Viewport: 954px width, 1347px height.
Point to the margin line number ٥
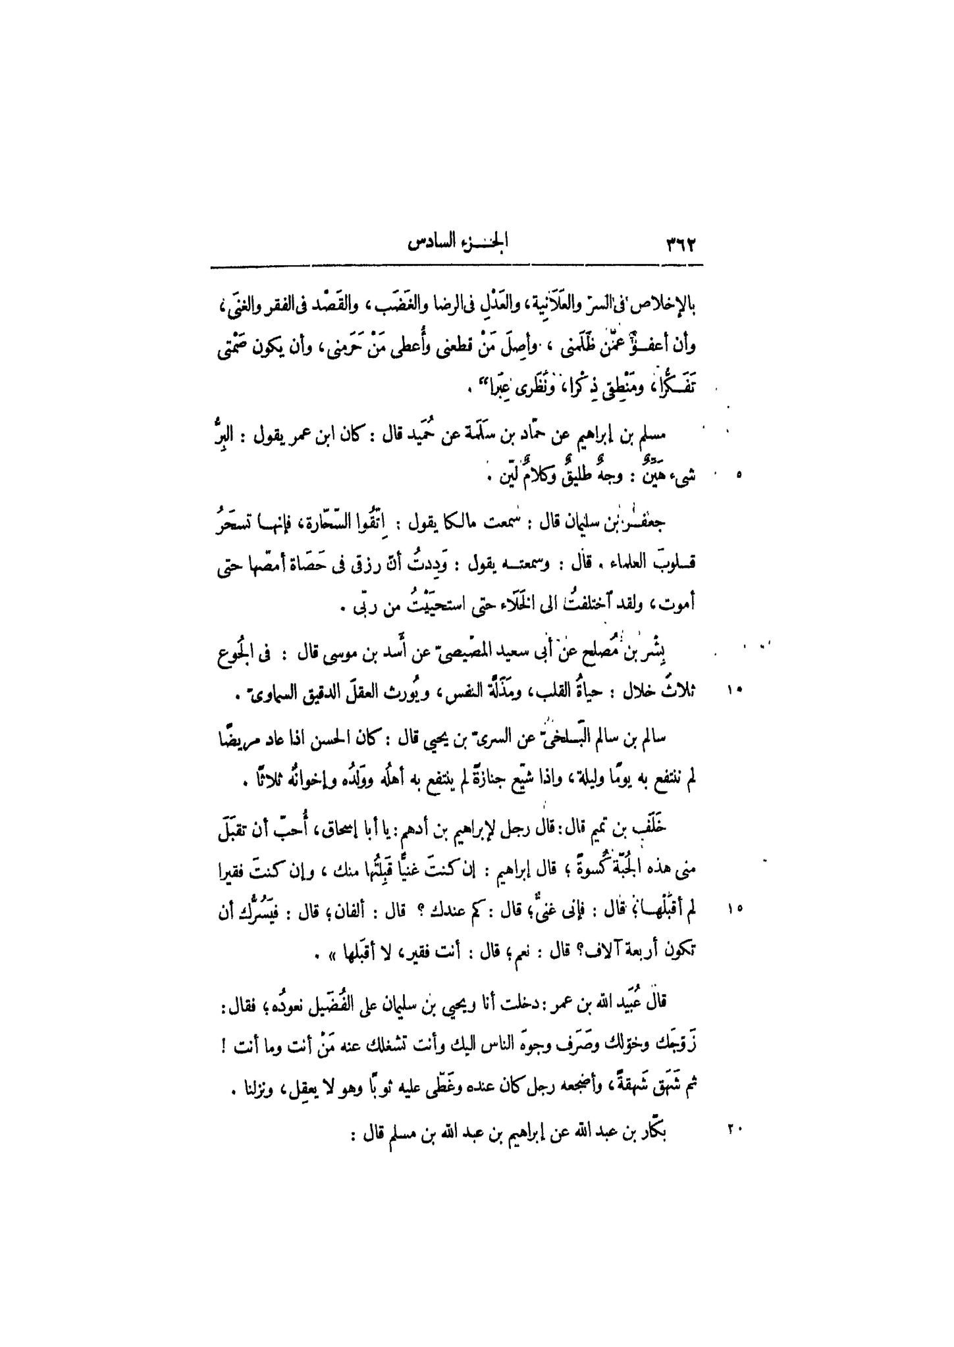[x=738, y=473]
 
